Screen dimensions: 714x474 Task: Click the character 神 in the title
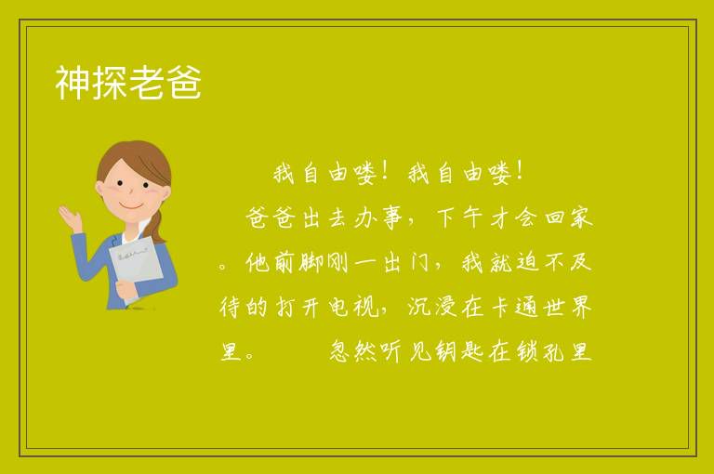[73, 83]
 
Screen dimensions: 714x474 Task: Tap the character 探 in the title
[111, 83]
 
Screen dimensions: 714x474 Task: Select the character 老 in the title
[147, 83]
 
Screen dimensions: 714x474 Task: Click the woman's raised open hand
[70, 218]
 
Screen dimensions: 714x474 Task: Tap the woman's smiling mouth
[131, 206]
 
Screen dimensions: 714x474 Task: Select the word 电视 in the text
[353, 307]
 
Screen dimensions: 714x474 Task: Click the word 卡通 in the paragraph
[514, 307]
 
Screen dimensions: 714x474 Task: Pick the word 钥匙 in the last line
[459, 351]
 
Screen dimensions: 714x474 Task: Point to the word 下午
[459, 217]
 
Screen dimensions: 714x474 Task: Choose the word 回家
[569, 217]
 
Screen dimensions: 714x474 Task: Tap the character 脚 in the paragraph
[311, 262]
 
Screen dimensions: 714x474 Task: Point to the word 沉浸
[431, 307]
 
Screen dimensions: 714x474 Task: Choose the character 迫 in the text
[528, 262]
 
